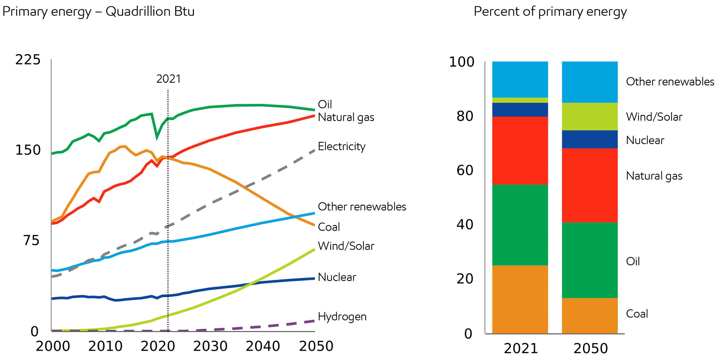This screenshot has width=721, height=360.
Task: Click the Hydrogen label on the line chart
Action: pyautogui.click(x=342, y=317)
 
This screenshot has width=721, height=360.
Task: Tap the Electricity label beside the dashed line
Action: pyautogui.click(x=341, y=146)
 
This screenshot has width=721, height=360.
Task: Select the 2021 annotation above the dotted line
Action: pyautogui.click(x=168, y=79)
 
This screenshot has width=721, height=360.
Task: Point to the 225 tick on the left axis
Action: pyautogui.click(x=28, y=60)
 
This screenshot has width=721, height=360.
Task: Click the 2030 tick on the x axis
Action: pyautogui.click(x=210, y=346)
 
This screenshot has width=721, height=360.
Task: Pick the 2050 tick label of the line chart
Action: pyautogui.click(x=316, y=346)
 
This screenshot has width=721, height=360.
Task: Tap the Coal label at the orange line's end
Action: pyautogui.click(x=329, y=227)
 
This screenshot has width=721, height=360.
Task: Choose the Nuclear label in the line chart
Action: pyautogui.click(x=337, y=277)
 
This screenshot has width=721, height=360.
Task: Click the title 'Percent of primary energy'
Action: pyautogui.click(x=550, y=12)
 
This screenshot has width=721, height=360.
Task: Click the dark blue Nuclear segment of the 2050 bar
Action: pyautogui.click(x=590, y=139)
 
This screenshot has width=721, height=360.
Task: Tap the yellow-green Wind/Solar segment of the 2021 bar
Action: pyautogui.click(x=520, y=100)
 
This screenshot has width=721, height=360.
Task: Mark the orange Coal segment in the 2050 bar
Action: pyautogui.click(x=590, y=315)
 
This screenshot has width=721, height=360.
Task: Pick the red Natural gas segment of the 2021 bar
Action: pyautogui.click(x=520, y=150)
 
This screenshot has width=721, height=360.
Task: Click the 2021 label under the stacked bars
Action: pyautogui.click(x=521, y=348)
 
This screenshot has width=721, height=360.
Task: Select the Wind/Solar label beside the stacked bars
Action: pyautogui.click(x=654, y=117)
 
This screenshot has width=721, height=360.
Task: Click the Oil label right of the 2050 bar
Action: pyautogui.click(x=633, y=261)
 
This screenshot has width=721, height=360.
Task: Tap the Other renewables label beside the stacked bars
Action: pyautogui.click(x=670, y=81)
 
